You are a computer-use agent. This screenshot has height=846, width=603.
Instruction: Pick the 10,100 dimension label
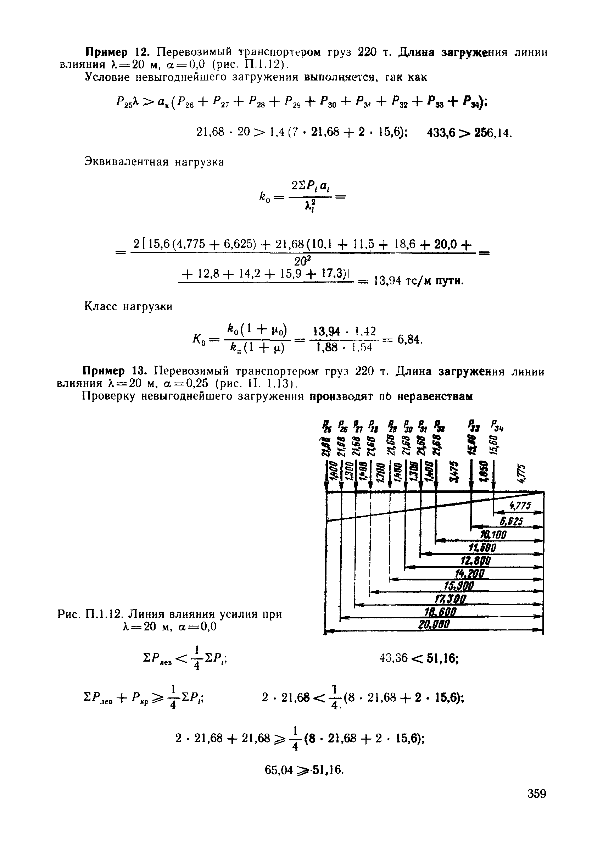click(x=493, y=535)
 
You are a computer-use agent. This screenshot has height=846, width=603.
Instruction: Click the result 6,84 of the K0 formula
click(x=409, y=339)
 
